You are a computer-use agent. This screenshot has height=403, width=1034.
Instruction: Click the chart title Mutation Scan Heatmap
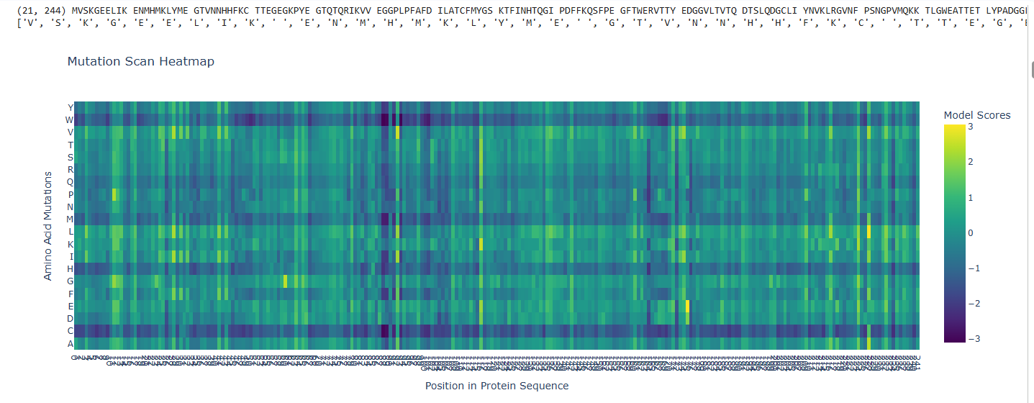point(140,62)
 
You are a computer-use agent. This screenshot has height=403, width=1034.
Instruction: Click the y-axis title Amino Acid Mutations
point(48,225)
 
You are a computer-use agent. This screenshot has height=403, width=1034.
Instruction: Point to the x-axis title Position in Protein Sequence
point(496,386)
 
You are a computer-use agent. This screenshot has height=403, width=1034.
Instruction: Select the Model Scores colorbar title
point(976,115)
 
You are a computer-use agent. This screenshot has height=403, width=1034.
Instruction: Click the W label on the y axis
point(69,120)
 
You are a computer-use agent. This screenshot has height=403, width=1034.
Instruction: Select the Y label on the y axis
point(70,107)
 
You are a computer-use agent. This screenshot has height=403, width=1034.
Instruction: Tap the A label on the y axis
point(70,343)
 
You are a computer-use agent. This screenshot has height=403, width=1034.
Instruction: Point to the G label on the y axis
point(70,281)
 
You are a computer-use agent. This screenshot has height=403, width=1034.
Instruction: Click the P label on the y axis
point(70,194)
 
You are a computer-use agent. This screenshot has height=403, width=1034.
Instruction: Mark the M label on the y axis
point(69,219)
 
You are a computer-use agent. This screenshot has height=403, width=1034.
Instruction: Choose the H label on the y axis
point(70,269)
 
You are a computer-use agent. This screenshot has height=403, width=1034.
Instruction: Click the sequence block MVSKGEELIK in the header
point(102,11)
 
